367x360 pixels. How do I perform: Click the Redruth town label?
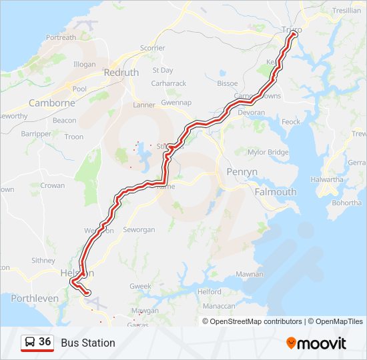(x=121, y=72)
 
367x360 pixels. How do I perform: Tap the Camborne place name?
(x=51, y=103)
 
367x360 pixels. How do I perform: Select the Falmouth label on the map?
(x=276, y=192)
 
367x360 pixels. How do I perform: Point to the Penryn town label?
(x=241, y=172)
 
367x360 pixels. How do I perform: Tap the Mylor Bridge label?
(x=268, y=153)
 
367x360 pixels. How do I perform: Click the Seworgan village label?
(x=139, y=230)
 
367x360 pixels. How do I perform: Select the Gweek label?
(x=141, y=286)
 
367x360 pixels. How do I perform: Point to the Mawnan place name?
(x=249, y=274)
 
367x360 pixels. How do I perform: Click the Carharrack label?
(x=168, y=83)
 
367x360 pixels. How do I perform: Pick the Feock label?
(x=290, y=122)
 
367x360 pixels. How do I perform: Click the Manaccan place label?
(x=218, y=306)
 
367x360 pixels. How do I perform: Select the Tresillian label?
(x=346, y=11)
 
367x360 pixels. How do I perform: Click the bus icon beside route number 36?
(x=30, y=343)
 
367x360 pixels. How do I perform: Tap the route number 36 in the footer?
(x=45, y=342)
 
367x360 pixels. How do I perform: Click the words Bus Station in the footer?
(x=88, y=343)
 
